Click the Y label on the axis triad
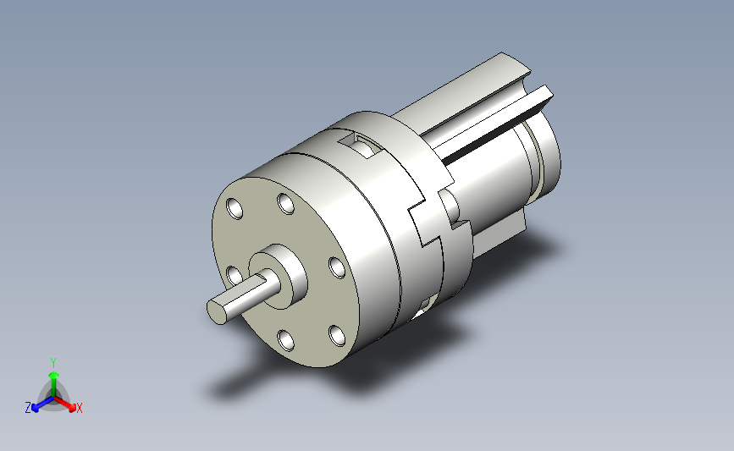[x=53, y=363]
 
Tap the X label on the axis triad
[x=79, y=408]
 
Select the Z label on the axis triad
[x=28, y=408]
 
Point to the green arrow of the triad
[x=54, y=384]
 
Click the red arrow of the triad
[x=65, y=404]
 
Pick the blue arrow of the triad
[x=42, y=404]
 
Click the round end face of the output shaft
[x=216, y=312]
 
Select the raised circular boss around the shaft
[x=278, y=277]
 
